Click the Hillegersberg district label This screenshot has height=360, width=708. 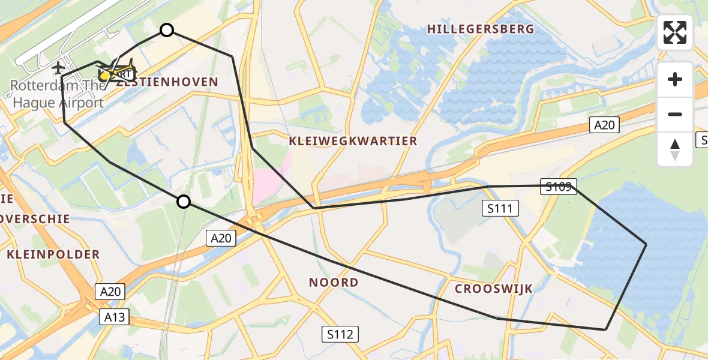pos(480,29)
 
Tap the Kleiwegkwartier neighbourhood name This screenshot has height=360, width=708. pos(353,141)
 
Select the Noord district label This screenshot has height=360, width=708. pos(334,282)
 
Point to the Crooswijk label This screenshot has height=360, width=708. pos(494,289)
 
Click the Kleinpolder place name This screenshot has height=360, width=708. pos(53,254)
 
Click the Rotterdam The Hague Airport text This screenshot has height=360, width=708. pos(56,94)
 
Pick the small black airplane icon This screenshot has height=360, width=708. pos(59,67)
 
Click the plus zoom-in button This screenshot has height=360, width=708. pos(675,79)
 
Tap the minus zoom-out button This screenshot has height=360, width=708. pos(675,114)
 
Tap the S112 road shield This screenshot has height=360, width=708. pos(340,334)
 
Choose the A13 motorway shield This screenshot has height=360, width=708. pos(113,316)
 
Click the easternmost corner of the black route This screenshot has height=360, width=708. pos(646,244)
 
